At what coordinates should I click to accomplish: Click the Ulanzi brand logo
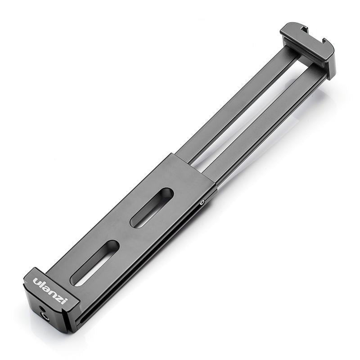[x=49, y=290]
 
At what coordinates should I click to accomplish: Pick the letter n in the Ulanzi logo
[x=52, y=292]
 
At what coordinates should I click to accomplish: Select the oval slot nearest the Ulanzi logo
[x=95, y=263]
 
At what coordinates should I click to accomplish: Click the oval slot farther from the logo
[x=152, y=207]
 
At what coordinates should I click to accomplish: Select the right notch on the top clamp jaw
[x=325, y=44]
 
